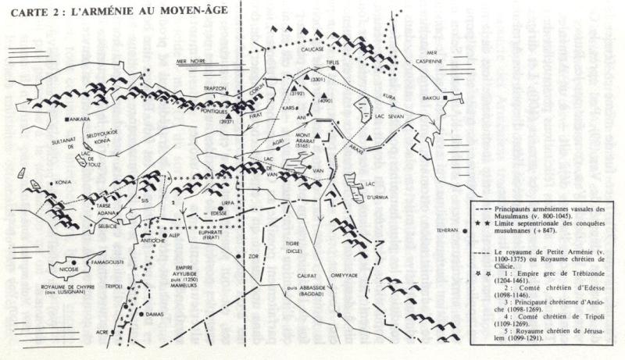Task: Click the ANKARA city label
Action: pyautogui.click(x=80, y=119)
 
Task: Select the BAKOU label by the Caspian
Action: pyautogui.click(x=431, y=98)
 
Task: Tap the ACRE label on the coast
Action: pyautogui.click(x=102, y=330)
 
